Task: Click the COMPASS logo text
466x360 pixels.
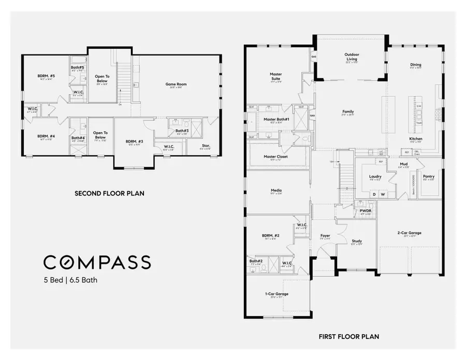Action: click(97, 262)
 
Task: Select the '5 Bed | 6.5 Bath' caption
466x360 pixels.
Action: click(70, 281)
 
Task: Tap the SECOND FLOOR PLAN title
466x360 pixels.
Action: click(109, 193)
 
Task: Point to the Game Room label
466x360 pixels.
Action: click(176, 84)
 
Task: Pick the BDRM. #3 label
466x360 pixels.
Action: click(134, 141)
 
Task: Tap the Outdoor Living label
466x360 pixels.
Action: click(352, 56)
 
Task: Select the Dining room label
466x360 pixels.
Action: click(416, 64)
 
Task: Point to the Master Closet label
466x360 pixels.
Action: click(275, 156)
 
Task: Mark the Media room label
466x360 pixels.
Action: click(275, 190)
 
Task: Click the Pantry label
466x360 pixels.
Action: click(429, 176)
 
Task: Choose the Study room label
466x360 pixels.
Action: click(357, 241)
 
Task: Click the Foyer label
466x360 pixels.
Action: click(325, 235)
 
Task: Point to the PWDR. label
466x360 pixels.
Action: click(366, 211)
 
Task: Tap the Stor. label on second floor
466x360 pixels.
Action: click(206, 146)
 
